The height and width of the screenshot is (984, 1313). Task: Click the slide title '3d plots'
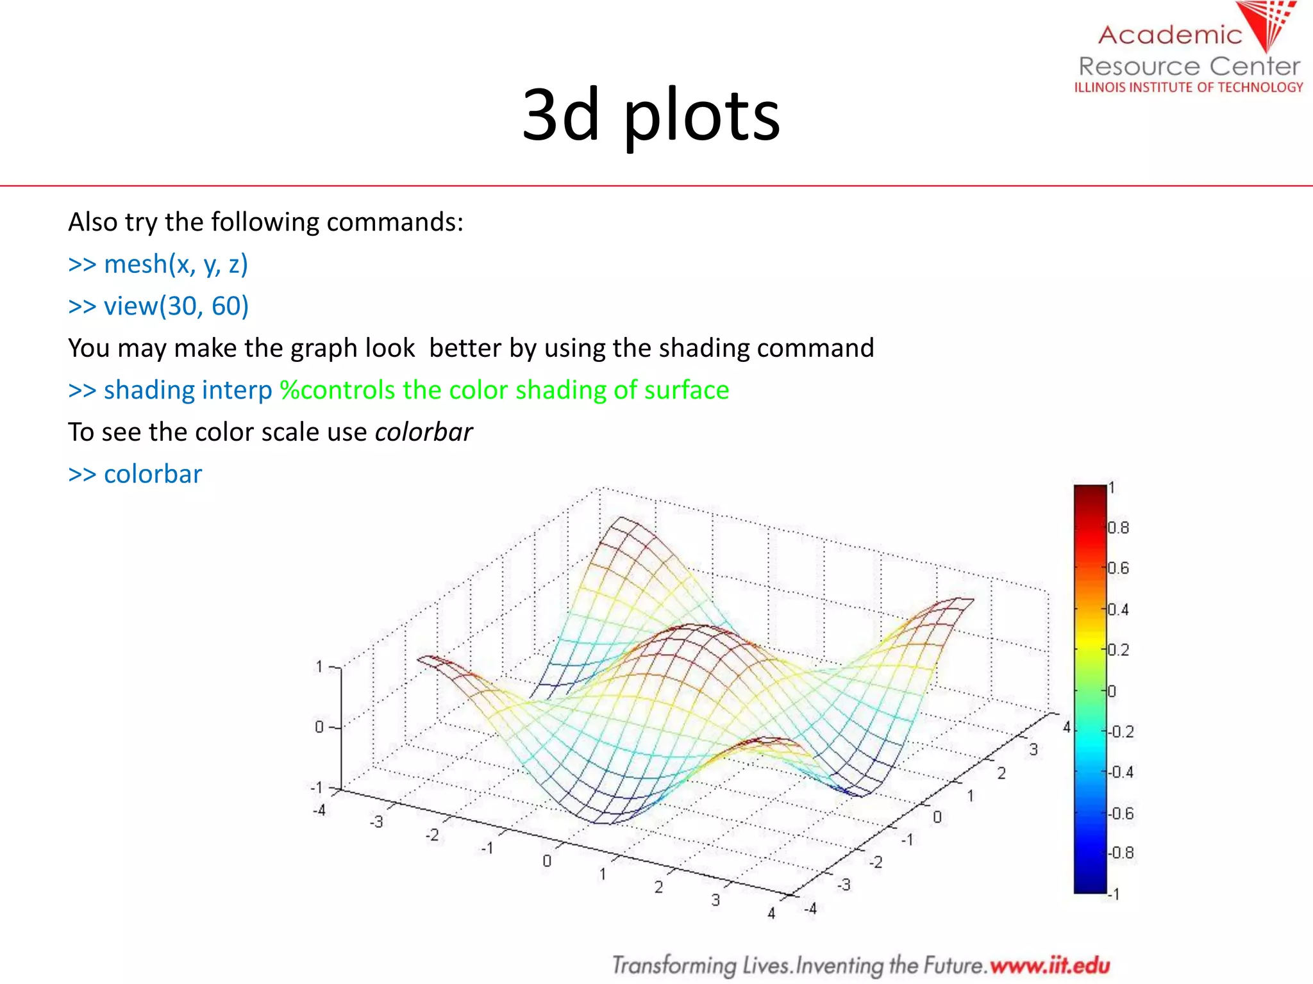click(651, 115)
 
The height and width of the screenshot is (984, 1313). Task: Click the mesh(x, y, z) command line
click(158, 265)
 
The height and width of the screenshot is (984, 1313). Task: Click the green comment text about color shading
click(505, 390)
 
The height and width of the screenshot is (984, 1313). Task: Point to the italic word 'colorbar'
click(423, 432)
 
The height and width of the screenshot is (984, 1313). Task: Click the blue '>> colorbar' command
click(135, 475)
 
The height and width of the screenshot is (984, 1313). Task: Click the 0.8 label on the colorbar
click(1118, 528)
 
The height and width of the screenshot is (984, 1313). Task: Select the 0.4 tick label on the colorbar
click(1118, 609)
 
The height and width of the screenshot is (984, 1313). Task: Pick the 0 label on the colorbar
click(1112, 691)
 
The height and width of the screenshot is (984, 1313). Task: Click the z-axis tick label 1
click(319, 667)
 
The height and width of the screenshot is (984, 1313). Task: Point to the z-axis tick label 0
click(319, 727)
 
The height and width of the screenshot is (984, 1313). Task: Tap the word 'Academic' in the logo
click(1170, 35)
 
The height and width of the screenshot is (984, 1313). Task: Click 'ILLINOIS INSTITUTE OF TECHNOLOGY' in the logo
click(1189, 87)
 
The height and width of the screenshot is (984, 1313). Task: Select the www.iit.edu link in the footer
click(1050, 965)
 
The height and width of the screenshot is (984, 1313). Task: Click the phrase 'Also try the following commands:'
click(265, 222)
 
